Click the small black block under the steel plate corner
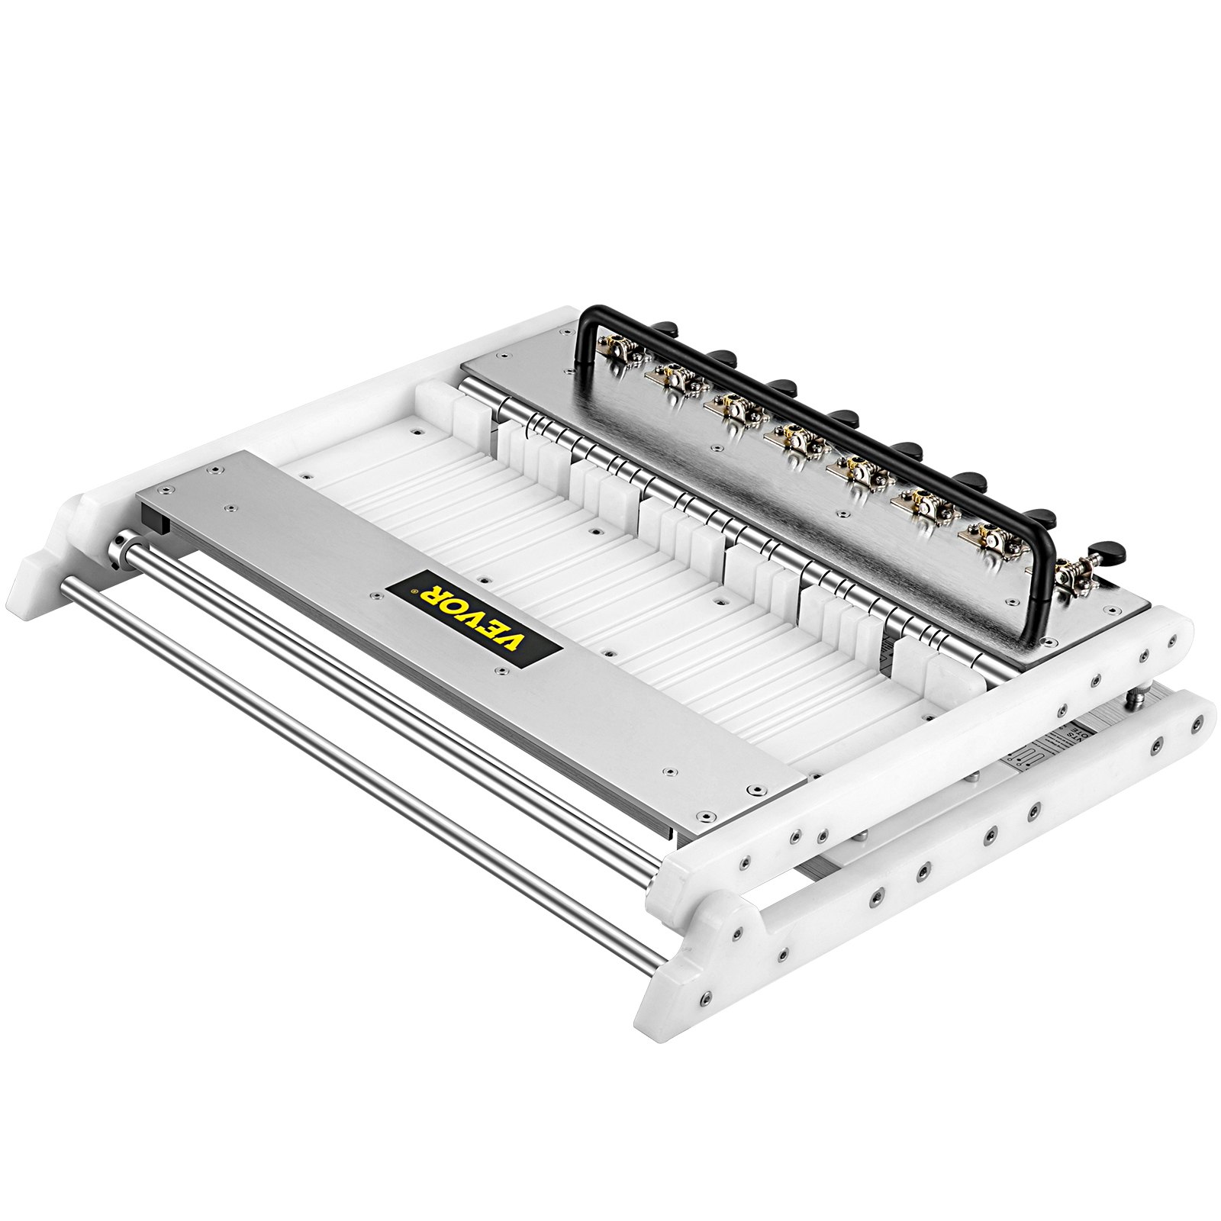[x=158, y=524]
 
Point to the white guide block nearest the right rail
[x=946, y=672]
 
